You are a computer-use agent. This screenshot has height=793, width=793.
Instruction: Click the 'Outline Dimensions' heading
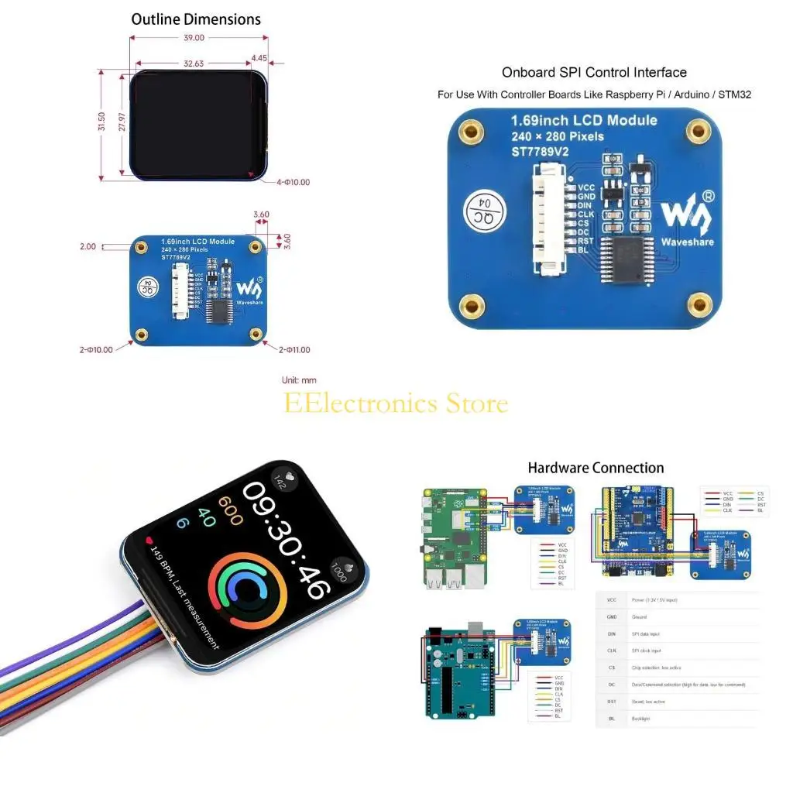(196, 19)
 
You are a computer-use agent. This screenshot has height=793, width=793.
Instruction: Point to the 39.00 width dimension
(194, 37)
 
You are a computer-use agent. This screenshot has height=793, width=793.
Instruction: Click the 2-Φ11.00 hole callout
(294, 349)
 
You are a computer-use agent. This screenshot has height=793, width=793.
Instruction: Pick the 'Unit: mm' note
(299, 380)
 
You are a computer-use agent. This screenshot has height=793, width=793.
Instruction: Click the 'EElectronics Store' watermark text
(396, 403)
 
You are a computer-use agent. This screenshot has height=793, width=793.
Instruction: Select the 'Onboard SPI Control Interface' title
(594, 72)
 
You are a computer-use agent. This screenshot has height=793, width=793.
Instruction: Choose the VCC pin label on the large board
(585, 187)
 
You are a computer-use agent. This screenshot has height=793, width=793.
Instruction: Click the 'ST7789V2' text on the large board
(539, 152)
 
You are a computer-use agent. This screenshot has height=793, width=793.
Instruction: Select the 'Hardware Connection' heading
(596, 468)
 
